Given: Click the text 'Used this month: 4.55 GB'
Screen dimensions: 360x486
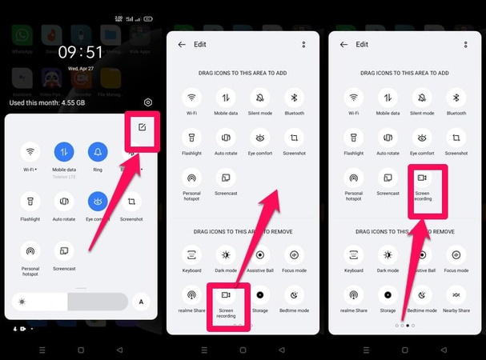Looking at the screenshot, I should pyautogui.click(x=48, y=102).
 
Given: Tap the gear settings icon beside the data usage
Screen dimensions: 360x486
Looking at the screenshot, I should pyautogui.click(x=148, y=102).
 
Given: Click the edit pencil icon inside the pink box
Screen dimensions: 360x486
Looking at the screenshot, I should pyautogui.click(x=142, y=127).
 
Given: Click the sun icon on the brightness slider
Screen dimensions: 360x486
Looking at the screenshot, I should pyautogui.click(x=22, y=302).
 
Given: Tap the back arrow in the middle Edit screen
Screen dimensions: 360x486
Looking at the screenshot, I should pyautogui.click(x=182, y=45).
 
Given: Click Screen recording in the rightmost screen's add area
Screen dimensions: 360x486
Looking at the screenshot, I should pyautogui.click(x=422, y=178).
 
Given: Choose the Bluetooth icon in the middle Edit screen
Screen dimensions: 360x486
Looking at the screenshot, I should pyautogui.click(x=294, y=98).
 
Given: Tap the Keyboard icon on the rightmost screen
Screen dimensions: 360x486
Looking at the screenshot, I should pyautogui.click(x=354, y=256).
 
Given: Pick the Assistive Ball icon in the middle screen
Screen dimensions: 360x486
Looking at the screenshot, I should pyautogui.click(x=259, y=256).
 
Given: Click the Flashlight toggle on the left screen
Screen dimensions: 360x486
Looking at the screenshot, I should pyautogui.click(x=30, y=200).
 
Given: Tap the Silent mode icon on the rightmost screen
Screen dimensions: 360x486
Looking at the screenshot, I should pyautogui.click(x=422, y=98).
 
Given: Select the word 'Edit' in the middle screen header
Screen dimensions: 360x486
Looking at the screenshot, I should pyautogui.click(x=200, y=45).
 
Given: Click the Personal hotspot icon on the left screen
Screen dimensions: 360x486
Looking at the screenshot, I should pyautogui.click(x=30, y=250).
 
